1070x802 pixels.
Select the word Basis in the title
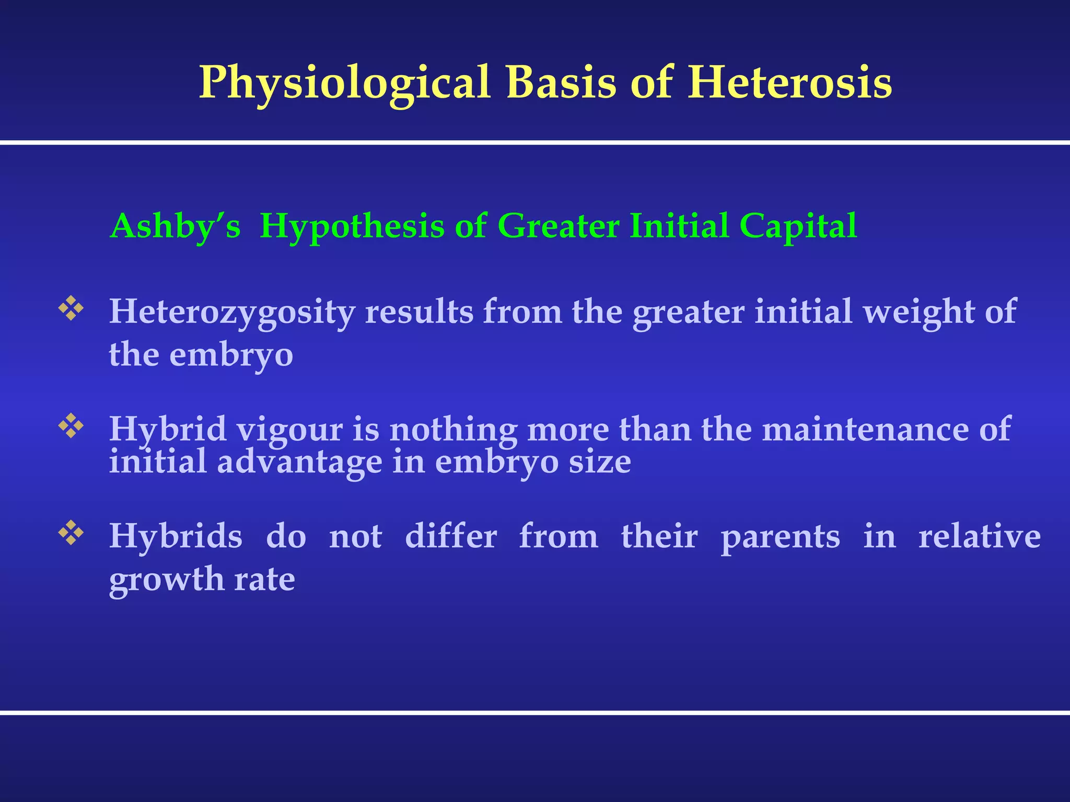561,82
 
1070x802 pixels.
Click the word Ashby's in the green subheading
176,227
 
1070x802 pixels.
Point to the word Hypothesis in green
352,227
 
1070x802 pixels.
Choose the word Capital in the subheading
798,226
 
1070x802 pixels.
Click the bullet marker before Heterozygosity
71,308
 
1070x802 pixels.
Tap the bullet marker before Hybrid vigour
71,426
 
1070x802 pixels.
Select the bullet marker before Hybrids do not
71,533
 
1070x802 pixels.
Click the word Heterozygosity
232,312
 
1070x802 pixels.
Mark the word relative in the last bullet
980,537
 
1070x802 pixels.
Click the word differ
451,537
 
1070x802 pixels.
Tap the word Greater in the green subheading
558,226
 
